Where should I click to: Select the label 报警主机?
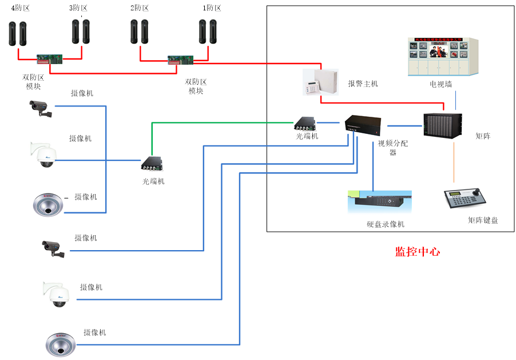click(x=363, y=84)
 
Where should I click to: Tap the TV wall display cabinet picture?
click(x=442, y=57)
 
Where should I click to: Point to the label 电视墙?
click(x=440, y=84)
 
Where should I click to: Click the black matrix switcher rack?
click(x=442, y=125)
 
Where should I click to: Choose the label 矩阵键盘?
click(x=482, y=220)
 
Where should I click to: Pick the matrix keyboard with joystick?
click(x=466, y=199)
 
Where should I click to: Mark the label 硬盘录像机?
click(x=385, y=224)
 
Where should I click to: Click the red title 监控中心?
click(x=417, y=252)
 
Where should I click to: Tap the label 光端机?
click(x=307, y=136)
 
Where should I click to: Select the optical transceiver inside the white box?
click(x=305, y=123)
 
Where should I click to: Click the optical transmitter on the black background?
click(x=152, y=164)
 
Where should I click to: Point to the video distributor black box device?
click(x=363, y=124)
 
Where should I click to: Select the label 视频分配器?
click(x=392, y=148)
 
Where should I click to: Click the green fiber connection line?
click(x=217, y=122)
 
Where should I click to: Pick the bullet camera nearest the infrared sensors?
click(x=40, y=108)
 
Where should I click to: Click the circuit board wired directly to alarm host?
click(x=180, y=60)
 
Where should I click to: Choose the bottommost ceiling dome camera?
click(x=61, y=345)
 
